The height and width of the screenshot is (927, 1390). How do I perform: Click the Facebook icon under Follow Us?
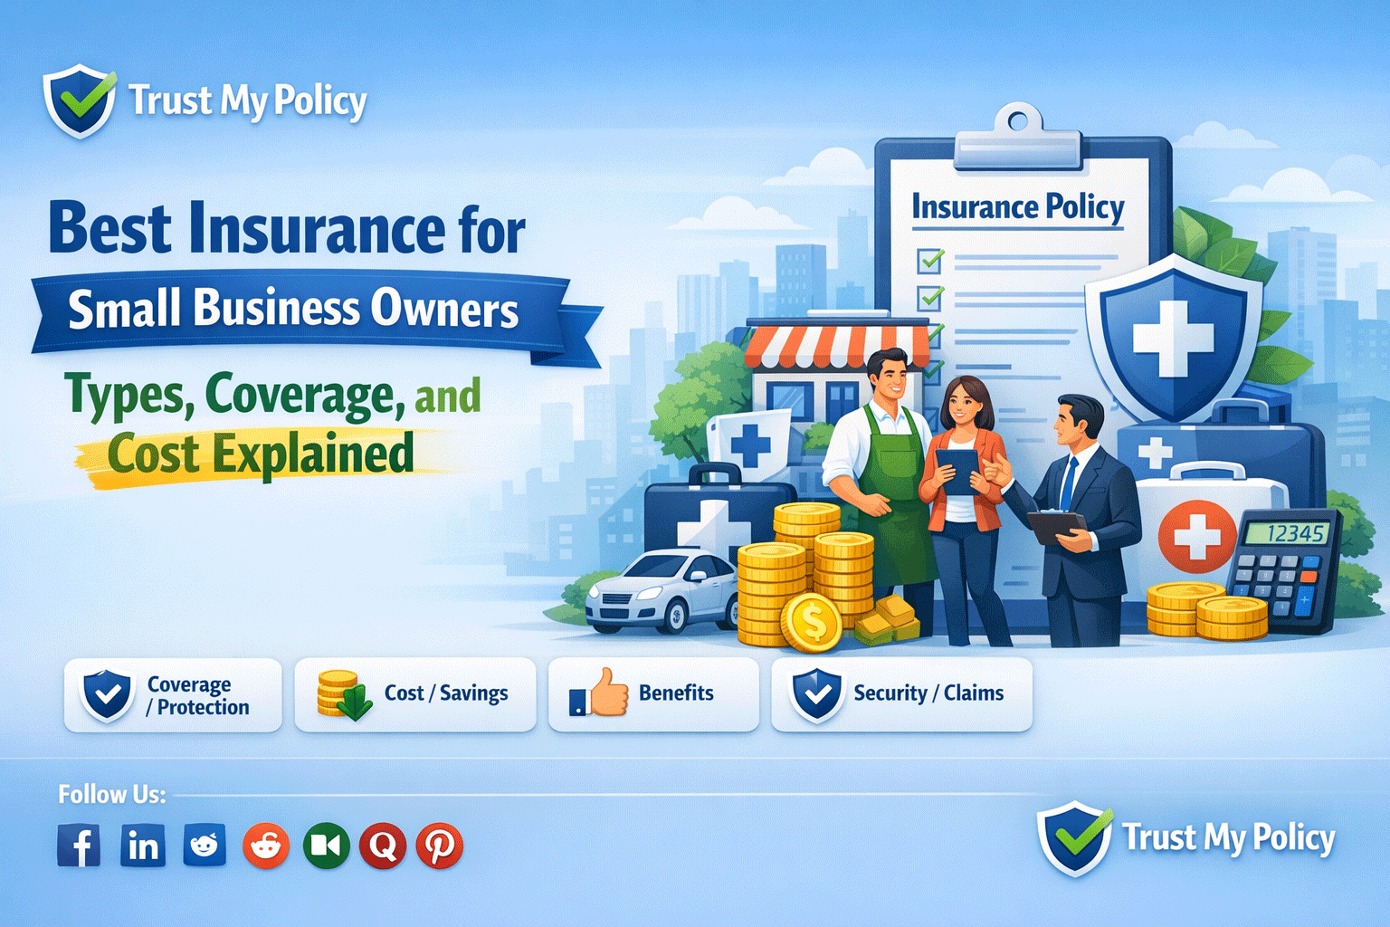coord(79,846)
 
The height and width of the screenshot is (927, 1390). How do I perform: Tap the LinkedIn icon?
coord(143,846)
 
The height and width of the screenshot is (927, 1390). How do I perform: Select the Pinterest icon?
coord(440,846)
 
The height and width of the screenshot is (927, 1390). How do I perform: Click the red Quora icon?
coord(382,846)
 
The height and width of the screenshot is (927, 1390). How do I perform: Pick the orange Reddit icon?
coord(266,846)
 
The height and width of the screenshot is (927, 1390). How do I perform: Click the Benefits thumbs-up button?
coord(653,694)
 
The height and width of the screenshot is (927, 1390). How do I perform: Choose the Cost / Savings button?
coord(415,694)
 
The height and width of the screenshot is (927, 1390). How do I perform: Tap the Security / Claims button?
coord(901,694)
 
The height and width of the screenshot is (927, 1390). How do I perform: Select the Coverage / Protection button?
coord(173,695)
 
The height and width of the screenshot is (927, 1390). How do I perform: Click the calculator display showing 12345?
coord(1287,533)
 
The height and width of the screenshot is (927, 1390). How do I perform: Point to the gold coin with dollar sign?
coord(812,622)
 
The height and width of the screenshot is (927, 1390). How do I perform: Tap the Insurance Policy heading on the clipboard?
coord(1017,207)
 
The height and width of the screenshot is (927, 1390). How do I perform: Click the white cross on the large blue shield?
coord(1173,339)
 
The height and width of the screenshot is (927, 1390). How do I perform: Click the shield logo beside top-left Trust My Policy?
coord(80,100)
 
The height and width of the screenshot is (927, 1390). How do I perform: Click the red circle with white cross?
coord(1196,536)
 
